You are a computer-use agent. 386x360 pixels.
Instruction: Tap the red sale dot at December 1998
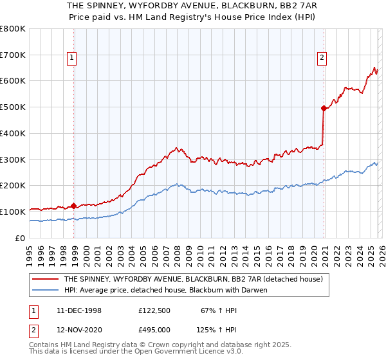tap(74, 206)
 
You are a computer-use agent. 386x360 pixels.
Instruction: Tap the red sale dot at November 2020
tap(323, 108)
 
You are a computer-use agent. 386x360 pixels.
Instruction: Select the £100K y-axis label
tap(13, 212)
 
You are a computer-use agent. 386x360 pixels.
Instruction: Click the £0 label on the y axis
tap(21, 238)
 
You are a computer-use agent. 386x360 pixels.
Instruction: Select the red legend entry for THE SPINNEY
tap(196, 280)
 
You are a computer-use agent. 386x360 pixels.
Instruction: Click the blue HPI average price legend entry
tap(165, 290)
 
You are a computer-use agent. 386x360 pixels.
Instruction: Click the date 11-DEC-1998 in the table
tap(80, 310)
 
